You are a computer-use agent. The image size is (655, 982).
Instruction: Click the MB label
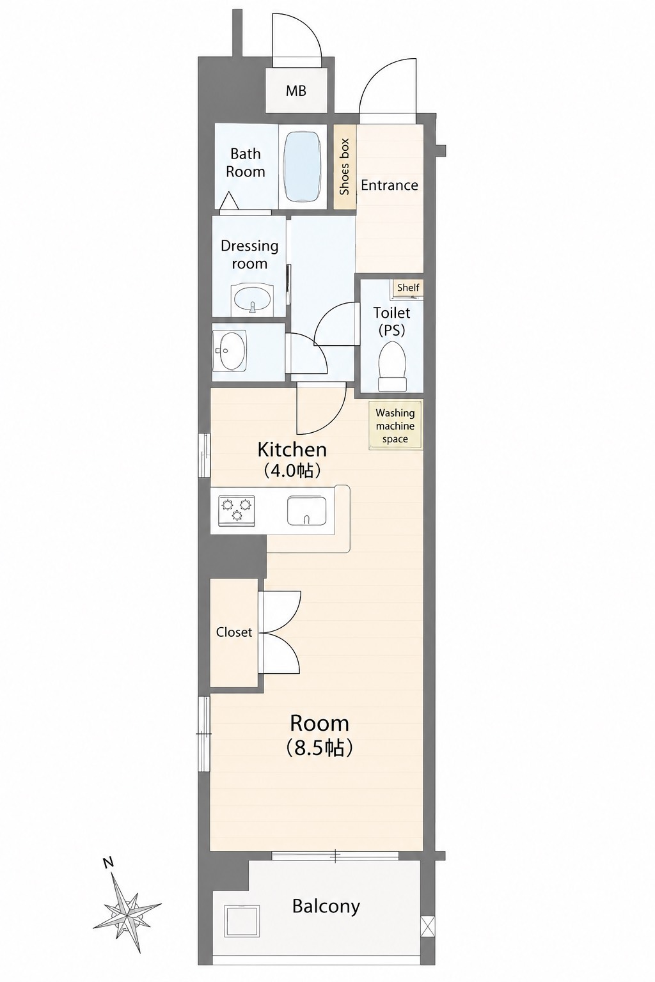(296, 91)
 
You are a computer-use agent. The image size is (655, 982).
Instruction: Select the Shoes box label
(344, 167)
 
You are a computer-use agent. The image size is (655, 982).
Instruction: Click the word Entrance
(389, 185)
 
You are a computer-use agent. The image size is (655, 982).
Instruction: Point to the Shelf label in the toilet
(408, 288)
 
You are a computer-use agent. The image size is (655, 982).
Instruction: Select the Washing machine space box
(395, 425)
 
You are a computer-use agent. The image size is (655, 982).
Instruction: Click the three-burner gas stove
(237, 510)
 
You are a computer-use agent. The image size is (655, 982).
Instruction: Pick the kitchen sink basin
(306, 510)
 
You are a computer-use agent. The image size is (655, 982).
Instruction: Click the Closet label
(234, 632)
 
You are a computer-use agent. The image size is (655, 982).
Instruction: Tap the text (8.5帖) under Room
(319, 749)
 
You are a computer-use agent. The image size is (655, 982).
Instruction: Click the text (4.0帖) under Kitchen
(292, 471)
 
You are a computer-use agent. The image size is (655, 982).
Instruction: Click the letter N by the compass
(108, 862)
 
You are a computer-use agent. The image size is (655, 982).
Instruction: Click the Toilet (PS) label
(391, 322)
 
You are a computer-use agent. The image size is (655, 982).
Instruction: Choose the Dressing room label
(249, 254)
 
